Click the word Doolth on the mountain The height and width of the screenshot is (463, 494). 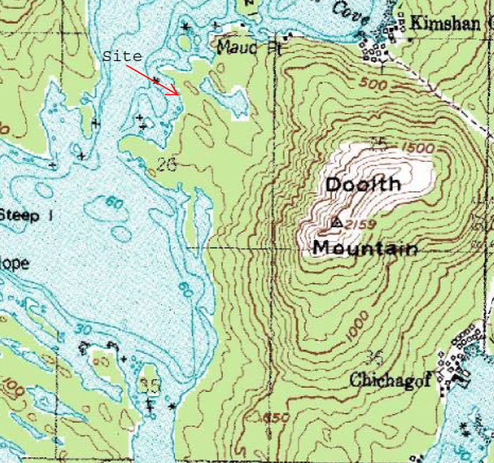363,185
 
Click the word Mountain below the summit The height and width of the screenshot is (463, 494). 365,249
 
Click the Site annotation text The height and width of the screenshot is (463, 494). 122,56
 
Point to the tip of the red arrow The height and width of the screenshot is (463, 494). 178,93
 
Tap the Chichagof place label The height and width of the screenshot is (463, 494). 391,381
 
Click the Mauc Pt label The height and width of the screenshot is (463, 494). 249,49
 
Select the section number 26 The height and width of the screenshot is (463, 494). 166,165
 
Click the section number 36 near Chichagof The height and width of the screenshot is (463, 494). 375,356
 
